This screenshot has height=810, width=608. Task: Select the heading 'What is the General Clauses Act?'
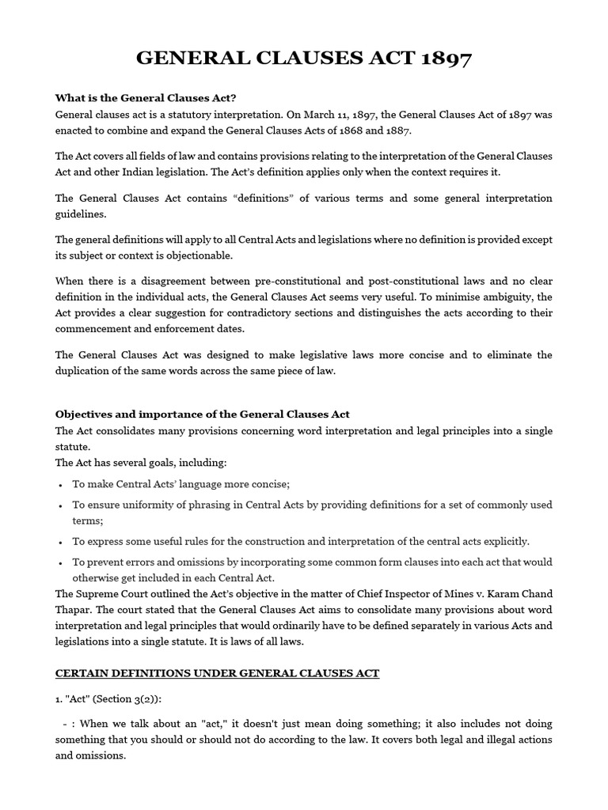click(x=146, y=99)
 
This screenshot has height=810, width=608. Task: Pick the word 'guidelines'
click(x=80, y=214)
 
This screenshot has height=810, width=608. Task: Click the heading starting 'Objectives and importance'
click(x=202, y=414)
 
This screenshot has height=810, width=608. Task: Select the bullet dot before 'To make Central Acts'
click(x=62, y=484)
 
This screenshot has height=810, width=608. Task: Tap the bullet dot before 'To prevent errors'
click(x=62, y=562)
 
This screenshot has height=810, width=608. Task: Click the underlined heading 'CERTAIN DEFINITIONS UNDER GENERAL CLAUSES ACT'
click(x=217, y=673)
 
